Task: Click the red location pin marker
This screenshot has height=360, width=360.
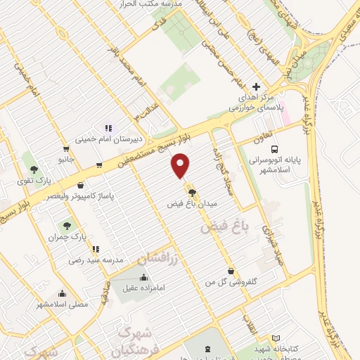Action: click(x=181, y=166)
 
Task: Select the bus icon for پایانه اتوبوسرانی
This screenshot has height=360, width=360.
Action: click(x=275, y=149)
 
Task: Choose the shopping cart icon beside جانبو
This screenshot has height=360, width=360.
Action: click(x=65, y=149)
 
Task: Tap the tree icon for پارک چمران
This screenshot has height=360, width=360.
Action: click(x=67, y=226)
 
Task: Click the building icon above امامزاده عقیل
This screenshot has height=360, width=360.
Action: click(x=145, y=276)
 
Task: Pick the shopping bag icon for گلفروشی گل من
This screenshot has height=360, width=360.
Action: click(x=231, y=271)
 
